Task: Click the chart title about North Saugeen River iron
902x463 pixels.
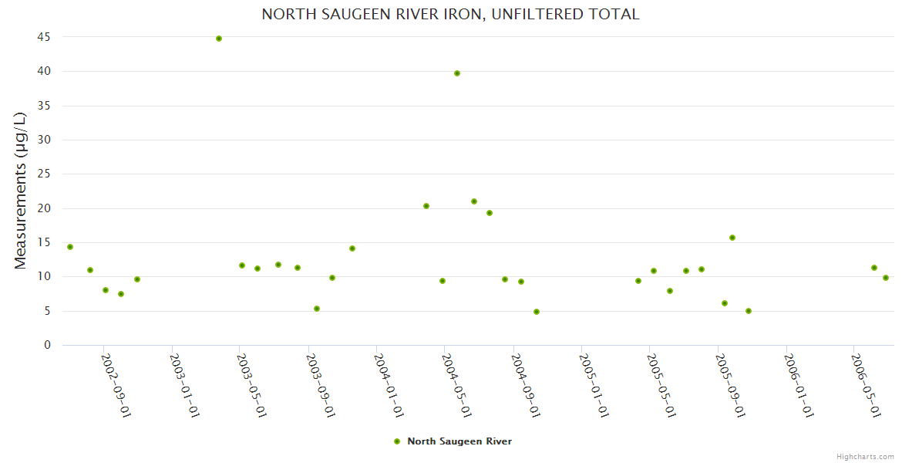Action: click(x=450, y=14)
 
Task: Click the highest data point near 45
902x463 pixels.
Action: click(x=219, y=39)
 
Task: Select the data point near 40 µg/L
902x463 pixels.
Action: click(x=457, y=73)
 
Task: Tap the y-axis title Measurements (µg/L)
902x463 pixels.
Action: click(x=21, y=191)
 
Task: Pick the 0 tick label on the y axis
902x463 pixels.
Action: click(x=47, y=345)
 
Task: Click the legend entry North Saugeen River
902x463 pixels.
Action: click(x=459, y=441)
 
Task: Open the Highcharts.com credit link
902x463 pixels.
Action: click(x=865, y=456)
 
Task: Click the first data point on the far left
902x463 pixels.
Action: click(x=70, y=247)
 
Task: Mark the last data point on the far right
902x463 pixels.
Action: click(x=886, y=278)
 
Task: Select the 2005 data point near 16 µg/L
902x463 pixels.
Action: click(x=732, y=238)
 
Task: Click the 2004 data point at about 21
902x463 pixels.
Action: click(x=474, y=201)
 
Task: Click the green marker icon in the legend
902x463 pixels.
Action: click(x=397, y=441)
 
